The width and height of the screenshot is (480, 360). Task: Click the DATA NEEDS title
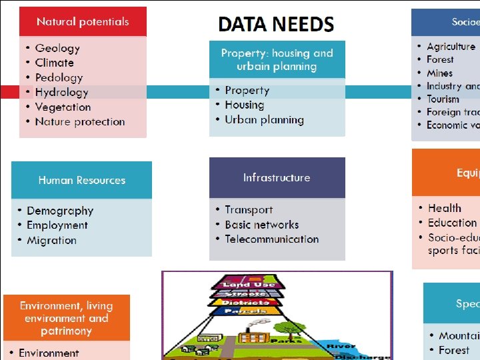(276, 25)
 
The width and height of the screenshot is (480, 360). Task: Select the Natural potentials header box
(83, 21)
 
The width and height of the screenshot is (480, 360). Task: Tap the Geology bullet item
(57, 48)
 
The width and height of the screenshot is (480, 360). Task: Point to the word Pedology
(59, 77)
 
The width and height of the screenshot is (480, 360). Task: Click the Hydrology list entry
(61, 92)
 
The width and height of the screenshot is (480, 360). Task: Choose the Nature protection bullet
(80, 121)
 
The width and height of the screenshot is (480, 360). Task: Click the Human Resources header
(81, 180)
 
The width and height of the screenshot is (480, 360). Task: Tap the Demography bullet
(60, 211)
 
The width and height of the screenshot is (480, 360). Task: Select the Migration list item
(51, 240)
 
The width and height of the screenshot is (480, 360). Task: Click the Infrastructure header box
(277, 177)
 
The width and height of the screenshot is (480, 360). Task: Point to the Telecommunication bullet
(271, 239)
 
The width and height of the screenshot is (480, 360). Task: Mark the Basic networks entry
(261, 225)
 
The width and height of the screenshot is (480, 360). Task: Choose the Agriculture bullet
(451, 47)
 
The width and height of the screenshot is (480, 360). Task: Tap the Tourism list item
(443, 99)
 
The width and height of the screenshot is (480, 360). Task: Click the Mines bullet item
(439, 73)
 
